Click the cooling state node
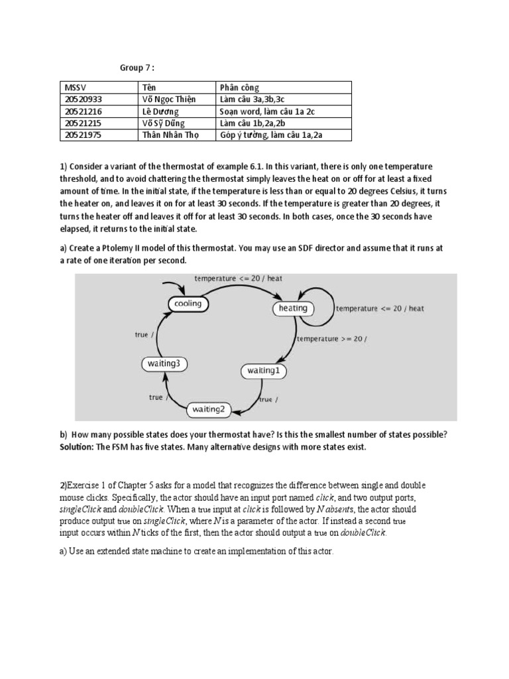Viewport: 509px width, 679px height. [x=188, y=304]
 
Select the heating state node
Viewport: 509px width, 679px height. [x=293, y=308]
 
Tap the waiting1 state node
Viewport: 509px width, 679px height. [x=263, y=371]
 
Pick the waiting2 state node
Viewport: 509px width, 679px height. [x=209, y=409]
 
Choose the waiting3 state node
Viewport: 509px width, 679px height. [x=162, y=363]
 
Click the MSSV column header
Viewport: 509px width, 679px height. [x=72, y=88]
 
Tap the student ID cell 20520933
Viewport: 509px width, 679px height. [x=84, y=99]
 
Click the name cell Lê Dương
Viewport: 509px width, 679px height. [x=160, y=111]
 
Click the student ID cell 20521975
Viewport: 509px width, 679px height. [x=84, y=135]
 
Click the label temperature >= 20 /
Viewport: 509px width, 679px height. [x=331, y=339]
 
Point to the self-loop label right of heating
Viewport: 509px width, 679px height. [x=380, y=308]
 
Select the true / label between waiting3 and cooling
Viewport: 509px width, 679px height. [x=144, y=335]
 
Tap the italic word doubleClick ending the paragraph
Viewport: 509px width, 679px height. [x=364, y=532]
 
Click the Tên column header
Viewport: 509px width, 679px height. [x=150, y=88]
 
